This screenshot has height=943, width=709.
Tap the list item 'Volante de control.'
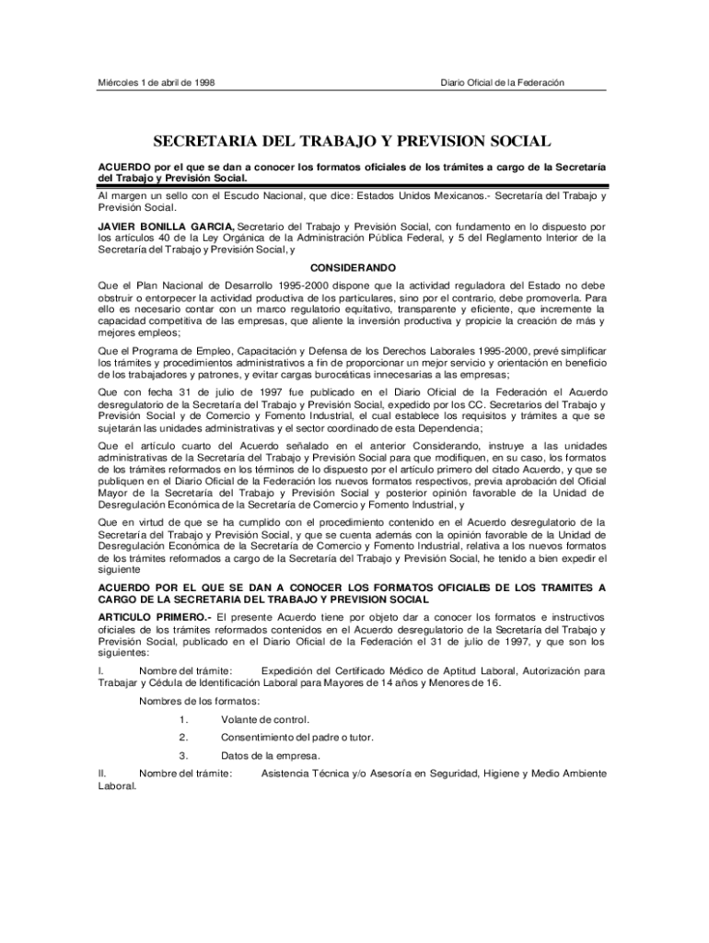pos(265,719)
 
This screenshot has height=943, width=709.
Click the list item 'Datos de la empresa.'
pos(271,756)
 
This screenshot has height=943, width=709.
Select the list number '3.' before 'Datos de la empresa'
pos(184,756)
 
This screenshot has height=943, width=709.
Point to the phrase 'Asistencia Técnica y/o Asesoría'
pos(340,774)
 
